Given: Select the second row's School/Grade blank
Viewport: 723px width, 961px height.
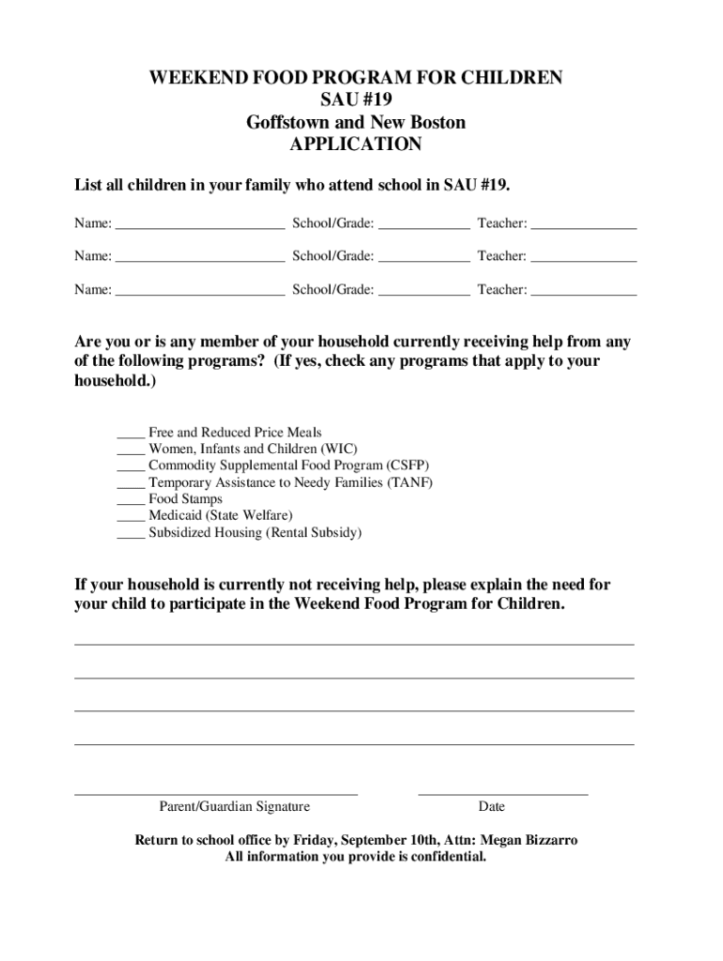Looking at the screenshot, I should pos(423,260).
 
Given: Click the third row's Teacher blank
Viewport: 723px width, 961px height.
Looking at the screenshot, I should pos(584,294).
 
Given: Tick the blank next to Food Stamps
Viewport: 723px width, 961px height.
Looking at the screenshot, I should pos(131,503).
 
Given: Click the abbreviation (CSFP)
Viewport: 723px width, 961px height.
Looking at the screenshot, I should pos(408,465).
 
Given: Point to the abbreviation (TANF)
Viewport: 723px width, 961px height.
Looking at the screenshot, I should pos(409,482).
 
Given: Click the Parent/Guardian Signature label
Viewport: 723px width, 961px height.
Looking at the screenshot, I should pos(234,806).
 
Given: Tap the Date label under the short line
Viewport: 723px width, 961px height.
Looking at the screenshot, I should pos(491,806).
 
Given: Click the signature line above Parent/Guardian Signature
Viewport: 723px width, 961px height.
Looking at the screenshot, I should pos(216,794).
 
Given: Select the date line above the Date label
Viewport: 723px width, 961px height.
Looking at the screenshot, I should pos(502,794).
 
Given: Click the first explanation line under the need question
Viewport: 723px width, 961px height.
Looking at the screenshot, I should pos(354,644).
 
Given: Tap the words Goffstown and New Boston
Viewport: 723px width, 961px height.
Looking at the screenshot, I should pos(356,122).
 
